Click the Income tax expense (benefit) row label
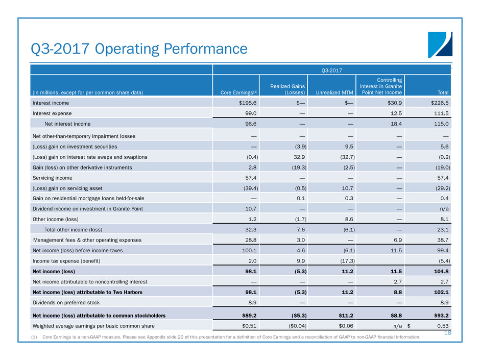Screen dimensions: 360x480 point(66,261)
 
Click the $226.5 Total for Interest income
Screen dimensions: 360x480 point(438,103)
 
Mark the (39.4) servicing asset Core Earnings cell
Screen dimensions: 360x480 point(232,188)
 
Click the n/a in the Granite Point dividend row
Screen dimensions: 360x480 point(444,209)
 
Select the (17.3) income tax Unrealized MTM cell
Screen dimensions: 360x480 point(346,261)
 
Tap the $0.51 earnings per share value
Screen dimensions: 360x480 point(233,326)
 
